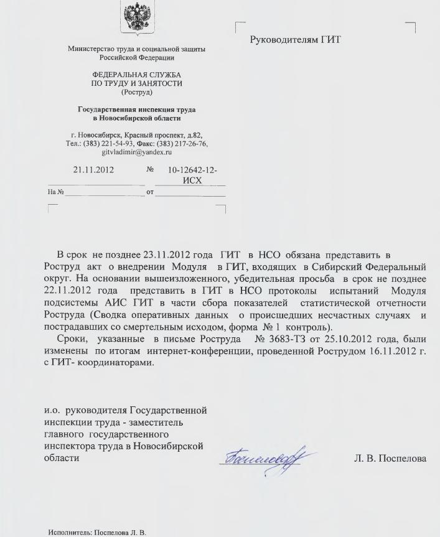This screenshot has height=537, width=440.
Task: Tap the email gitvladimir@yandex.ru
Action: coord(136,152)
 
